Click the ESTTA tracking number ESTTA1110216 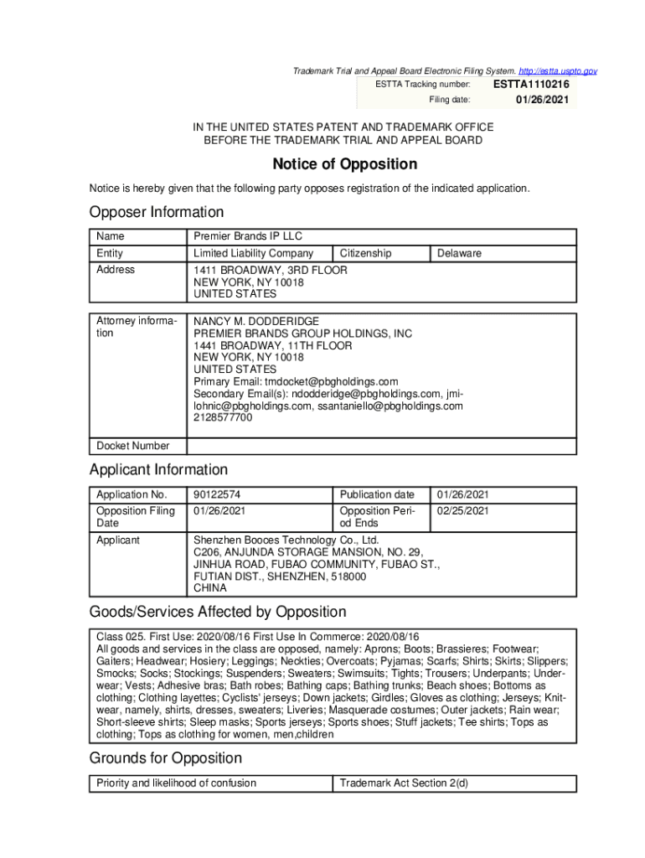(x=531, y=85)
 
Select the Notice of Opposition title (x=344, y=164)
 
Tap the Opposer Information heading (x=157, y=212)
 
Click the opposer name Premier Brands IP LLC (x=236, y=237)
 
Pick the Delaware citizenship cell (x=459, y=253)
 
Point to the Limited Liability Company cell (x=253, y=253)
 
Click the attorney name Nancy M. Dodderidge (x=256, y=322)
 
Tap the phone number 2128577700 (x=223, y=417)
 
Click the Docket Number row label (x=133, y=446)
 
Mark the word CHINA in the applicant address (x=210, y=587)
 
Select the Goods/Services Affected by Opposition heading (x=218, y=612)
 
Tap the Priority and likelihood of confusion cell (x=176, y=783)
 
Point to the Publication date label (x=377, y=494)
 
